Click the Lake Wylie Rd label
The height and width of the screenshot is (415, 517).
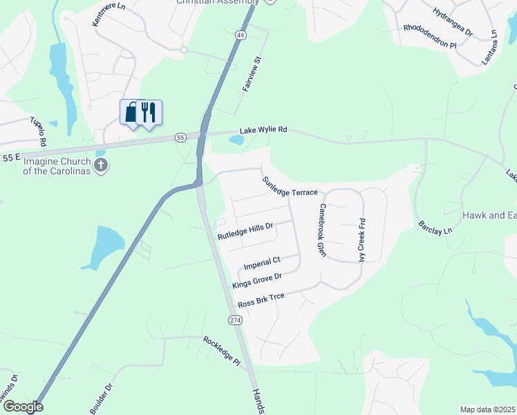click(x=263, y=130)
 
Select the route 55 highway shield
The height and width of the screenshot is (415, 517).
click(x=180, y=138)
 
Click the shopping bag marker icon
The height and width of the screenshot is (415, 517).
click(x=132, y=112)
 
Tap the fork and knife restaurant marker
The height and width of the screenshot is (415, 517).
click(x=149, y=112)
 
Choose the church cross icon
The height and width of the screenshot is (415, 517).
click(x=101, y=165)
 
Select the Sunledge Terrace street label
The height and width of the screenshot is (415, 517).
click(x=289, y=187)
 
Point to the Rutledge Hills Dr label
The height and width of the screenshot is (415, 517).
click(x=245, y=231)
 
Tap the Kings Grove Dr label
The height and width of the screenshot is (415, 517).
click(x=257, y=281)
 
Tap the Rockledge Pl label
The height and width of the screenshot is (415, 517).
click(x=220, y=351)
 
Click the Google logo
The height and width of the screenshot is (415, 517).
click(x=22, y=407)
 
